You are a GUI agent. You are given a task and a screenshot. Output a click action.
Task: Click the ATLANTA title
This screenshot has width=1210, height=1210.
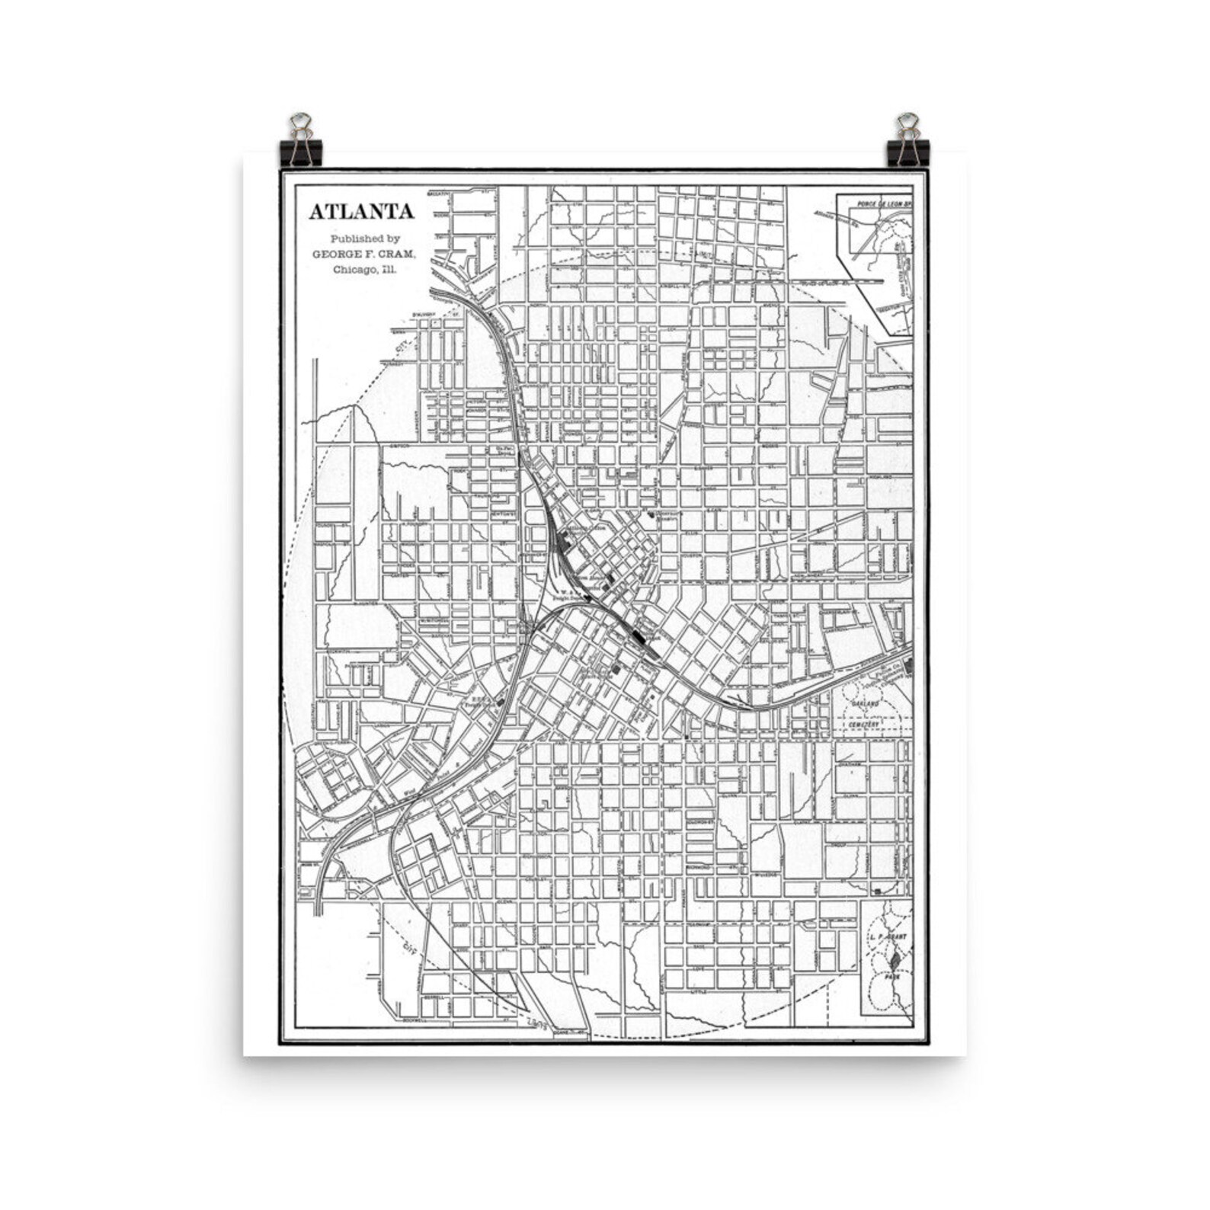(361, 212)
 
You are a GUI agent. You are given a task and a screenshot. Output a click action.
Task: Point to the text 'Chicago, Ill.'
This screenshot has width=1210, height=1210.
(365, 269)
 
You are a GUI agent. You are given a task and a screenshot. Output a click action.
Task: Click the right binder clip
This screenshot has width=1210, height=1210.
(907, 142)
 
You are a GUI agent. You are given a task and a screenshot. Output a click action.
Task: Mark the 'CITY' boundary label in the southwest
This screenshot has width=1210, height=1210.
(412, 948)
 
